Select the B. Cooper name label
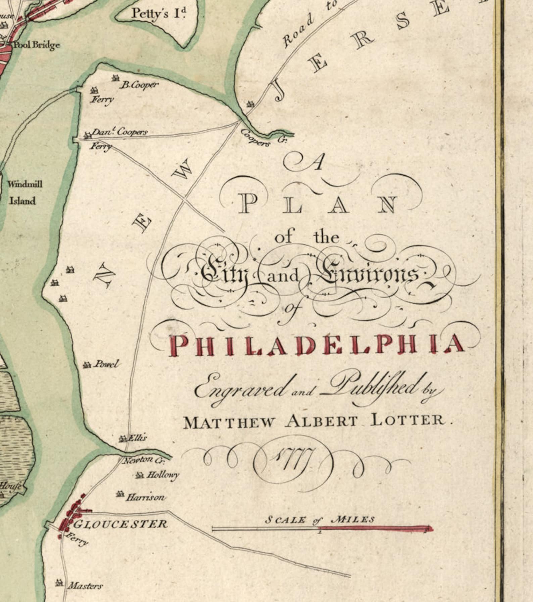coord(139,85)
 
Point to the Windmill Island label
coord(24,192)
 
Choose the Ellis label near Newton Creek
coord(137,438)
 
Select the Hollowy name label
coord(162,475)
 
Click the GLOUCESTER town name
coord(120,524)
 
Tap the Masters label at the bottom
coord(85,586)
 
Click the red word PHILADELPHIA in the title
coord(317,345)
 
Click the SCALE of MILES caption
coord(320,520)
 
